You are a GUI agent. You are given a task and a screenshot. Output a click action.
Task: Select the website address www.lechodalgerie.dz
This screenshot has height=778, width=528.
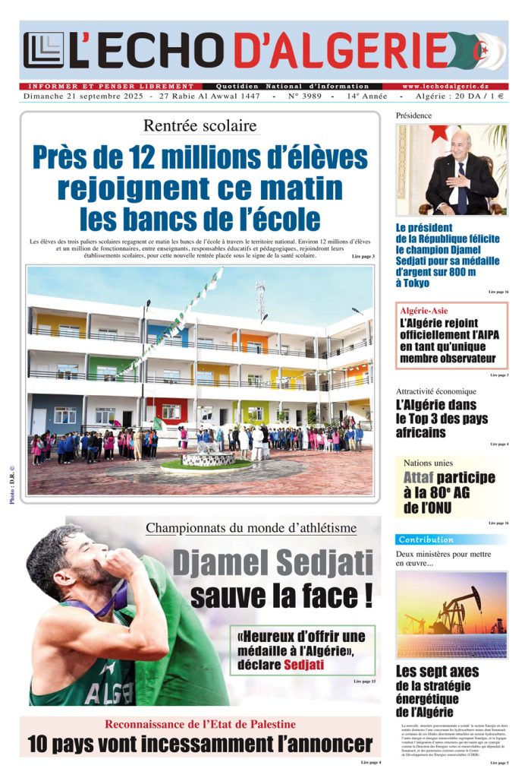point(455,87)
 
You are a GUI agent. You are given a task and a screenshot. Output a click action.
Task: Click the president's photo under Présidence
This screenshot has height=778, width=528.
point(452,170)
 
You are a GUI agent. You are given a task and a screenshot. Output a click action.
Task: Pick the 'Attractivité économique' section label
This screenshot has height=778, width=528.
point(435,391)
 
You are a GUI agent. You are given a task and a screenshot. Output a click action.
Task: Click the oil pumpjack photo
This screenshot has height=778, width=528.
point(451,614)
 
